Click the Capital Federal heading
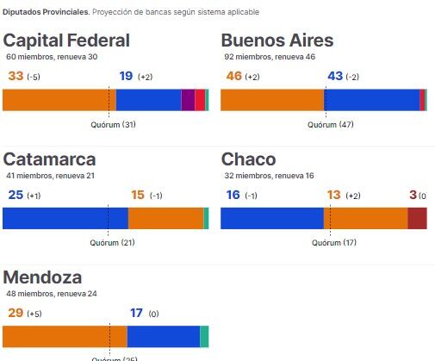click(x=66, y=40)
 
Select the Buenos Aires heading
click(x=277, y=40)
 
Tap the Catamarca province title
click(x=49, y=159)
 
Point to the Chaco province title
click(x=248, y=159)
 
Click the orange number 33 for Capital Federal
click(x=16, y=76)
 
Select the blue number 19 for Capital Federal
click(x=125, y=76)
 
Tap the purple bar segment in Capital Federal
click(x=188, y=100)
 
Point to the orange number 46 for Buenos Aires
click(x=233, y=76)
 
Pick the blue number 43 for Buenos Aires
click(x=336, y=76)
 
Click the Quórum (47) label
click(x=331, y=125)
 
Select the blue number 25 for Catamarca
click(x=15, y=195)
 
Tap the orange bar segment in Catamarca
click(x=165, y=218)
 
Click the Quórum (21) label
click(x=113, y=243)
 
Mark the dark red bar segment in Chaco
click(x=417, y=218)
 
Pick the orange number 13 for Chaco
click(x=334, y=195)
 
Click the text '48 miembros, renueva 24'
click(x=52, y=294)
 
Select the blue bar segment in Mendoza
click(x=163, y=336)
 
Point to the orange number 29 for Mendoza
click(x=15, y=313)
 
